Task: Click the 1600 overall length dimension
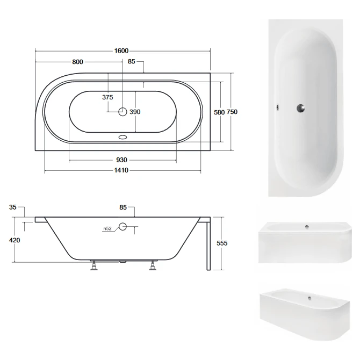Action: click(x=121, y=51)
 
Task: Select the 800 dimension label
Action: click(x=77, y=62)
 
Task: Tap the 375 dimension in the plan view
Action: click(x=107, y=97)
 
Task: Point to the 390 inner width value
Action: click(x=135, y=112)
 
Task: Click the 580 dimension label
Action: click(x=219, y=112)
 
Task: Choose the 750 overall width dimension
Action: click(x=232, y=112)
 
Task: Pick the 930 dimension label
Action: click(x=121, y=160)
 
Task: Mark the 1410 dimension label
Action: click(x=121, y=170)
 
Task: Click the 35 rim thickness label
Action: click(x=13, y=207)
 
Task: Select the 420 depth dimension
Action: click(x=15, y=240)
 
